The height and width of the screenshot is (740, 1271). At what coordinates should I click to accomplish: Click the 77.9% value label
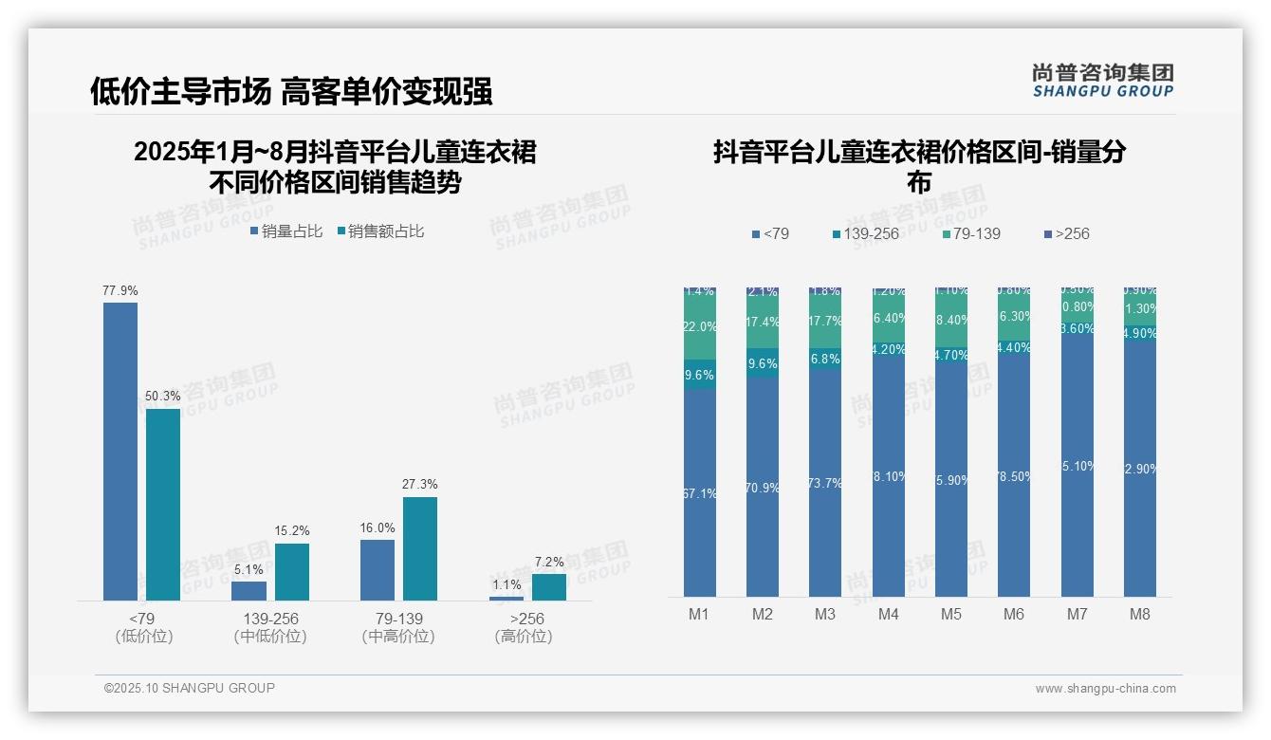[120, 290]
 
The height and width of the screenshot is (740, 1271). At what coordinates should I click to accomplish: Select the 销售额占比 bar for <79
[163, 504]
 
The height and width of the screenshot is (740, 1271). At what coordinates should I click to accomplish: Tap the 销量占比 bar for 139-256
[249, 590]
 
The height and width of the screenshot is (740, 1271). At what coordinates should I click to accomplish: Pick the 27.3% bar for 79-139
[420, 548]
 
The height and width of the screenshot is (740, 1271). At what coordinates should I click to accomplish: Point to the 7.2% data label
[549, 562]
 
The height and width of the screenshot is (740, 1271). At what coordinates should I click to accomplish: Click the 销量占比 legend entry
[286, 231]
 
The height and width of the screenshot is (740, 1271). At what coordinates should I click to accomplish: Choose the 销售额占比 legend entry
[380, 231]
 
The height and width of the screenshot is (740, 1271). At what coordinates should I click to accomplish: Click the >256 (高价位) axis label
[523, 627]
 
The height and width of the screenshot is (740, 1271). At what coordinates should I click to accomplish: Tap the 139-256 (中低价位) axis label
[270, 627]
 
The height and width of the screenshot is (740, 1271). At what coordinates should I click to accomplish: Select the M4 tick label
[888, 614]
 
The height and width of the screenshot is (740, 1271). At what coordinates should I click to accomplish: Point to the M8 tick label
[1139, 614]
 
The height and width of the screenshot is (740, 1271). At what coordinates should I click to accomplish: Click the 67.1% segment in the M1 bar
[699, 493]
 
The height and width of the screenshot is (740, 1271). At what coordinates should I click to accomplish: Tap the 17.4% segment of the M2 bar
[763, 323]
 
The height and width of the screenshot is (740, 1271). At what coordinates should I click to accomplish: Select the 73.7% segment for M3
[825, 482]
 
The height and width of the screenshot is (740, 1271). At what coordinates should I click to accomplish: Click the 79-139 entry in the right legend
[972, 233]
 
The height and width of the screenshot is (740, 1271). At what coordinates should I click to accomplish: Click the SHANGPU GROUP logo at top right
[1103, 80]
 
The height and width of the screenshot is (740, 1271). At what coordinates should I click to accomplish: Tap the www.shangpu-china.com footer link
[1105, 689]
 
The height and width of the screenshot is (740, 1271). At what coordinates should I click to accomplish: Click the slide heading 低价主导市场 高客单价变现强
[291, 91]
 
